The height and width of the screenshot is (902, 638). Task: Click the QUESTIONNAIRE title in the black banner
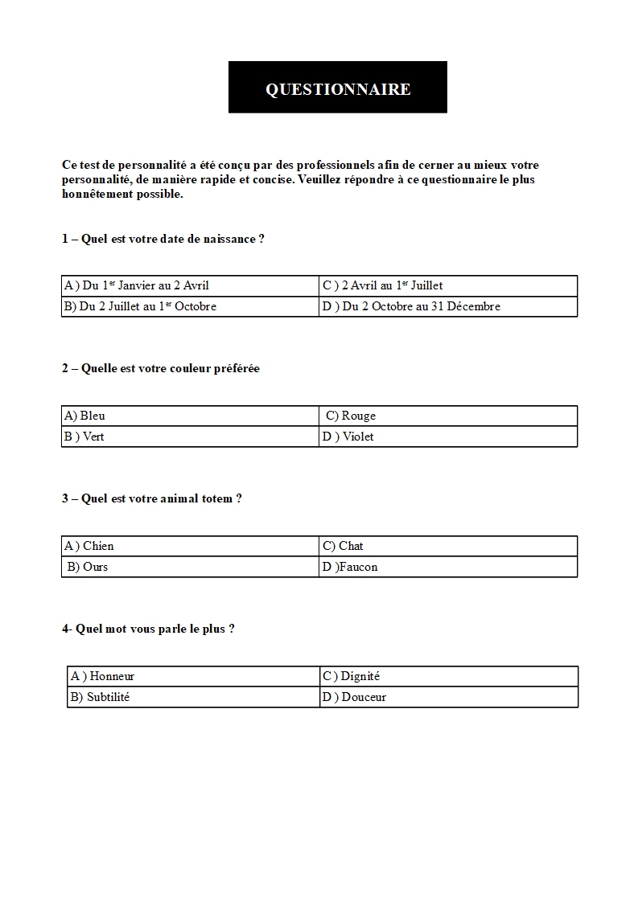pyautogui.click(x=338, y=89)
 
